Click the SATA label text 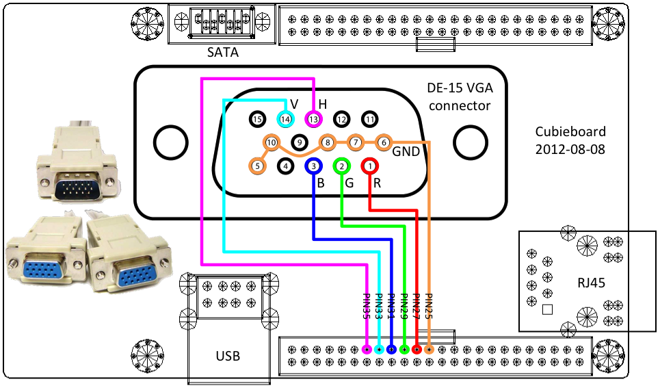pos(223,52)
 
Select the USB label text pos(228,356)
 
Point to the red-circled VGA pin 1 pos(369,165)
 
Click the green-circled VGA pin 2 pos(341,165)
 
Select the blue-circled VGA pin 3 pos(313,165)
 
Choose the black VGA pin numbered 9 pos(299,142)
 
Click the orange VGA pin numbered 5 pos(257,165)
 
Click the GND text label pos(406,152)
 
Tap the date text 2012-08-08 pos(570,148)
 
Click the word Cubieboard pos(570,132)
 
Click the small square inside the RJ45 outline pos(546,309)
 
